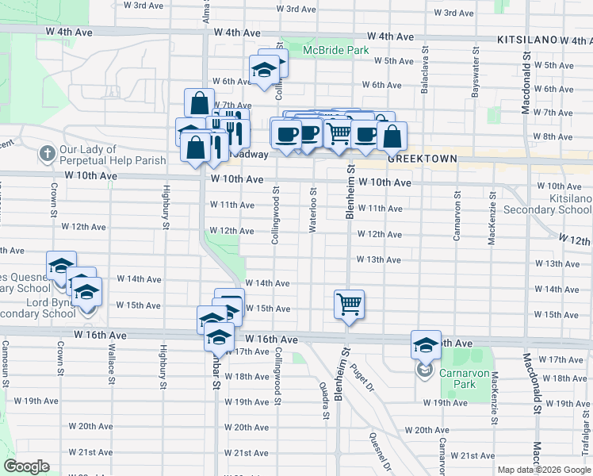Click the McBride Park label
point(336,50)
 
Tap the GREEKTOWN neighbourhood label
point(422,159)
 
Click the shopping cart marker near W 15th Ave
point(349,305)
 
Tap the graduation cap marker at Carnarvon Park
point(426,346)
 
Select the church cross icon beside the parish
point(47,152)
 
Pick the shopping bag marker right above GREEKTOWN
point(392,136)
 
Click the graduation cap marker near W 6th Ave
point(263,71)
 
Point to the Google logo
point(26,466)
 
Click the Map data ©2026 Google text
point(543,470)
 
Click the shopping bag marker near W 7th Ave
point(200,104)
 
